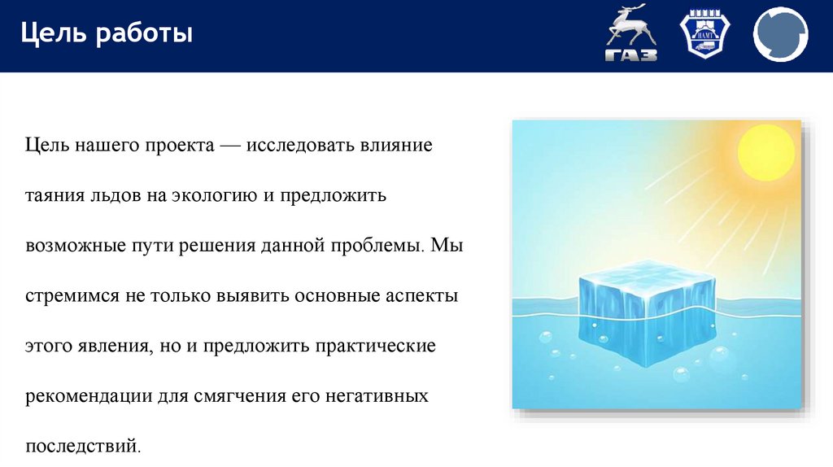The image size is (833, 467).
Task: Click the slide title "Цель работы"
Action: (107, 35)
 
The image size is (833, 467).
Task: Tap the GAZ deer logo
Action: (630, 34)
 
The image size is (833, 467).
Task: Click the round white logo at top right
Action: (780, 35)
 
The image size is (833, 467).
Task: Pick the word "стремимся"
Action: (70, 296)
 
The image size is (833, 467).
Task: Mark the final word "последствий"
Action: (83, 446)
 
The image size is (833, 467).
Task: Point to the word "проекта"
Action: (180, 146)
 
